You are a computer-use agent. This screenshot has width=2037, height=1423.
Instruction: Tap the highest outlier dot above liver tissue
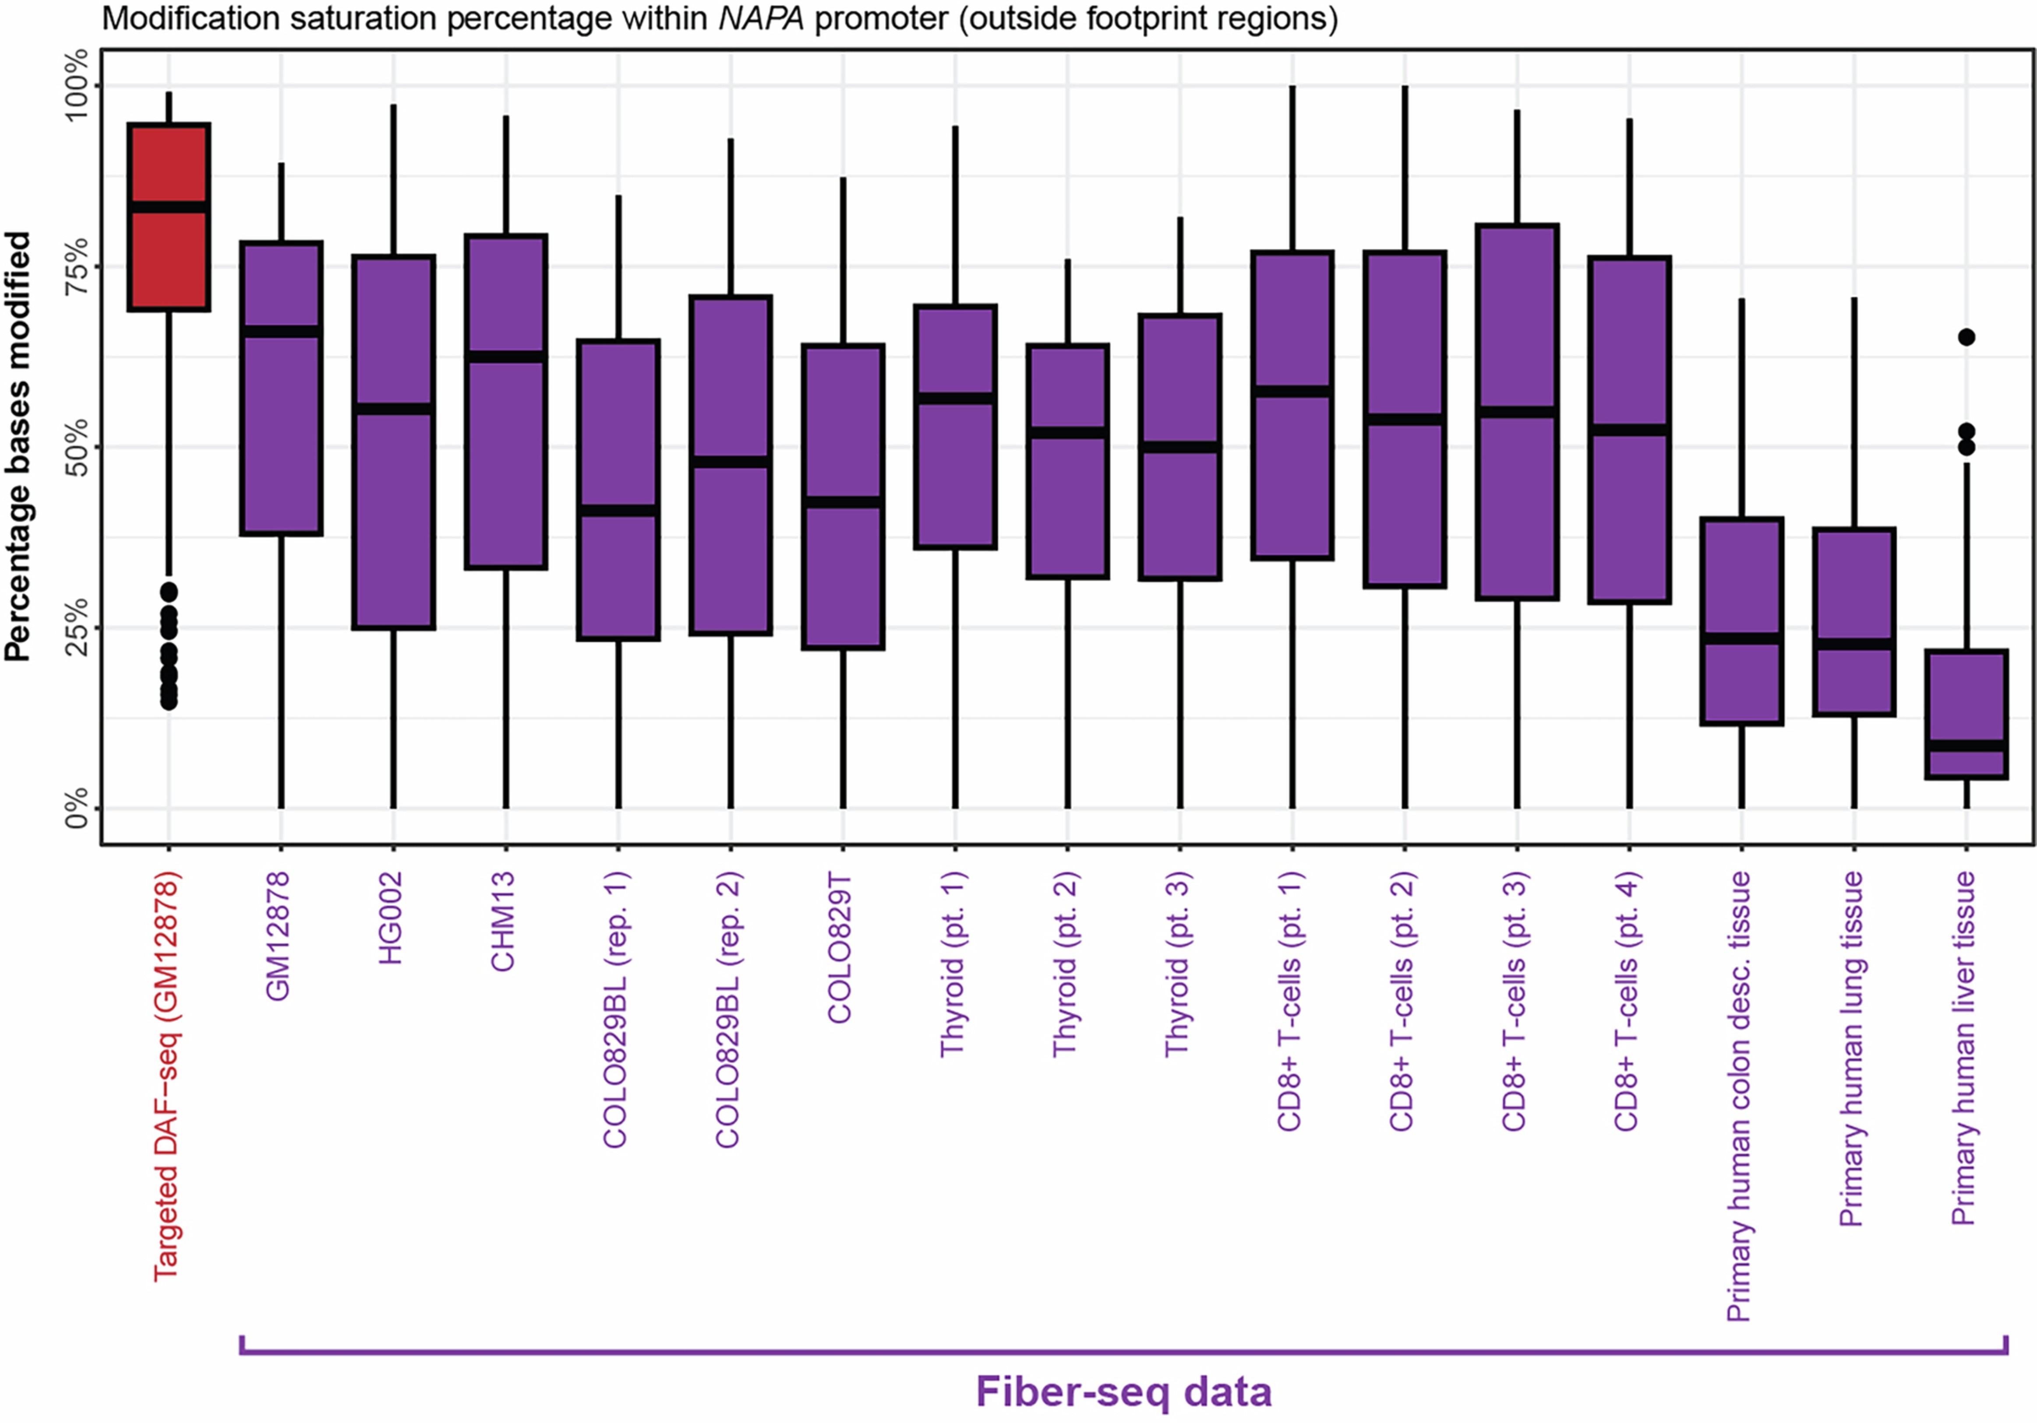click(x=1966, y=337)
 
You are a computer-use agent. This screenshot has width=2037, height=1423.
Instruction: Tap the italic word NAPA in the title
click(x=761, y=18)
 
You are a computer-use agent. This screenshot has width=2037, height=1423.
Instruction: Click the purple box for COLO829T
click(x=843, y=497)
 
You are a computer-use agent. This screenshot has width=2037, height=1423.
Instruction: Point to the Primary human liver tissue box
click(x=1966, y=714)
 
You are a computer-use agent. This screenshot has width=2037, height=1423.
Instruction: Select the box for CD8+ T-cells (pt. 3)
click(x=1517, y=413)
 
